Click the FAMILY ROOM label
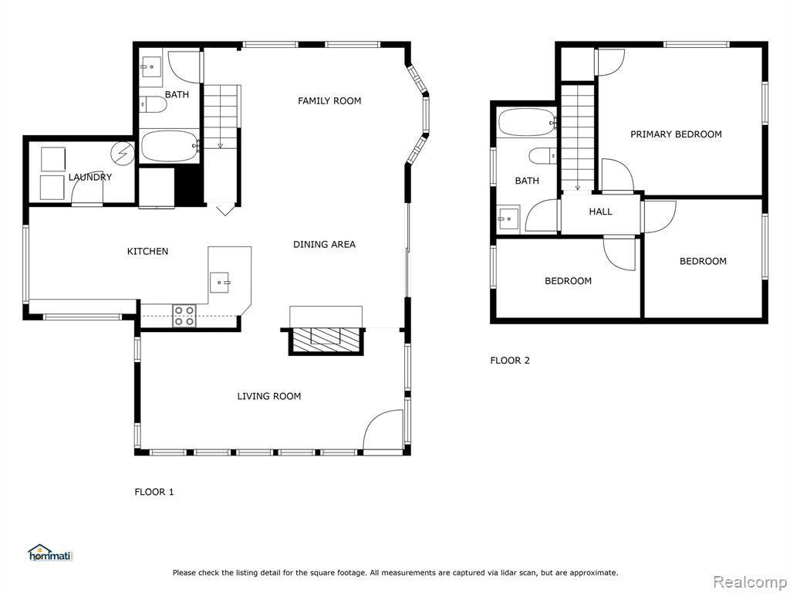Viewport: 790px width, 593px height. (x=329, y=101)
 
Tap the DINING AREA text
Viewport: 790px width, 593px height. (x=324, y=245)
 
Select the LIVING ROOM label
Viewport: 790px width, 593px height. (x=269, y=396)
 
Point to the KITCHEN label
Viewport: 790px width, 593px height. (x=147, y=251)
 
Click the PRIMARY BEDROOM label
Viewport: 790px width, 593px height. (x=676, y=134)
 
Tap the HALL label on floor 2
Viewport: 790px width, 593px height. (x=600, y=212)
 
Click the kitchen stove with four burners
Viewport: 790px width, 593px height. (x=184, y=316)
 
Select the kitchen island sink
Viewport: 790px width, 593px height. (x=219, y=282)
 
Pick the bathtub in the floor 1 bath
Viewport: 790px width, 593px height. (x=169, y=146)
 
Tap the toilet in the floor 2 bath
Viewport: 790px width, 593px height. (x=542, y=156)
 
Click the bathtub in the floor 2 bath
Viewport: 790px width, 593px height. (x=527, y=122)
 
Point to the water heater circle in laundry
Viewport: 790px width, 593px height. (x=124, y=153)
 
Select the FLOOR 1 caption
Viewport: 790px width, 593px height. (x=154, y=492)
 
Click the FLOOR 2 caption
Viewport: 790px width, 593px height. (x=510, y=361)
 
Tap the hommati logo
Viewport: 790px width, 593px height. (x=51, y=553)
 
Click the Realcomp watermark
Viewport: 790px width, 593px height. (x=750, y=581)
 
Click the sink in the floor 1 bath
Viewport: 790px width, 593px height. (x=150, y=66)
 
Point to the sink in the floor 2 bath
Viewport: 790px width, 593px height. (x=508, y=219)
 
